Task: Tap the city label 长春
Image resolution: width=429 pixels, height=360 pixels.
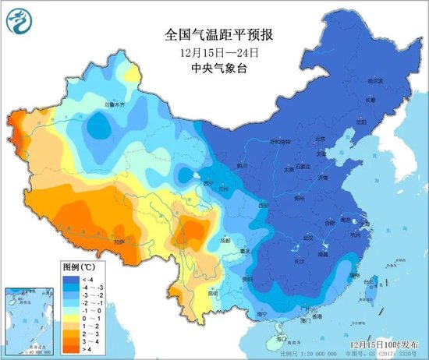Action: (370, 99)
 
